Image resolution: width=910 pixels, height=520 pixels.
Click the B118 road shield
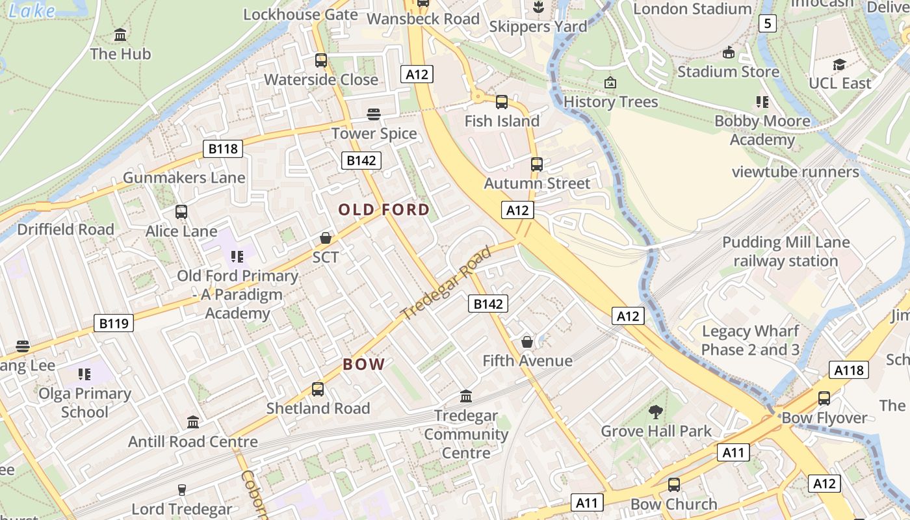tap(222, 149)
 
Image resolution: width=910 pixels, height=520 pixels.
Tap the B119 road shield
tap(114, 323)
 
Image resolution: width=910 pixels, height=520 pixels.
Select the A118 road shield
tap(849, 370)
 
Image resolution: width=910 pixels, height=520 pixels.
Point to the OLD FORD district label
tap(384, 209)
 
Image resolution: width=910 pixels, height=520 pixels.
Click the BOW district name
tap(364, 364)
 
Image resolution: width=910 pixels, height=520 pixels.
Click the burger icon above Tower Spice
tap(373, 114)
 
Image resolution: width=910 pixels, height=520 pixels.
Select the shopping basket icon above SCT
tap(326, 238)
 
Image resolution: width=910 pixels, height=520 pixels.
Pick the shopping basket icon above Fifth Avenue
tap(527, 341)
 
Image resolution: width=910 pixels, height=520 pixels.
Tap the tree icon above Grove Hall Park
tap(655, 411)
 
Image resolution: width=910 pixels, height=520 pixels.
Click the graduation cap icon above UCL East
tap(839, 64)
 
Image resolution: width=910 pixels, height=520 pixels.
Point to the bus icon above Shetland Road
tap(317, 389)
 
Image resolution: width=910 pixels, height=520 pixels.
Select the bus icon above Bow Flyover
tap(824, 398)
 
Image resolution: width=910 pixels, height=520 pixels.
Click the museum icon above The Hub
tap(120, 34)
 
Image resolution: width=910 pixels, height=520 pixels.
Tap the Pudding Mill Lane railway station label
tap(786, 252)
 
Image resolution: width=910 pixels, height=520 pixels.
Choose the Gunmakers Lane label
tap(184, 177)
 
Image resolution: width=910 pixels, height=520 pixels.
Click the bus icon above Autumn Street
tap(536, 164)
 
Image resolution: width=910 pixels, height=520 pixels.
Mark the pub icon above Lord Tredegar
tap(181, 490)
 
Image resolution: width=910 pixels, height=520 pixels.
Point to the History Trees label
tap(610, 102)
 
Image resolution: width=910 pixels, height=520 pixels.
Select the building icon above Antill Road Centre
tap(193, 422)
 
